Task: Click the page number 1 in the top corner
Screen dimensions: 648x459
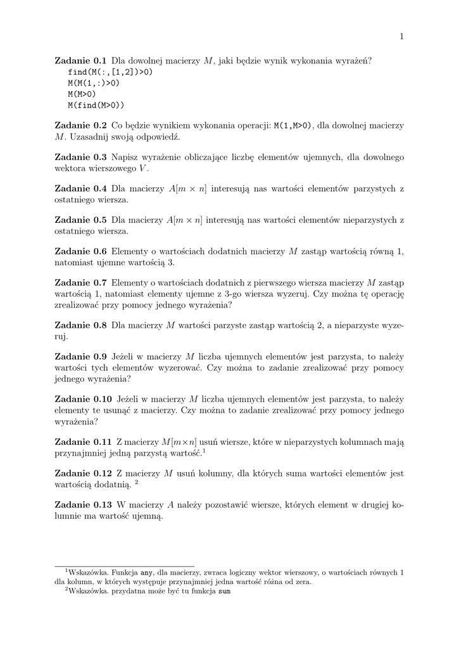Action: pos(401,36)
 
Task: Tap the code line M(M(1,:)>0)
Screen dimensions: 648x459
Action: pos(94,83)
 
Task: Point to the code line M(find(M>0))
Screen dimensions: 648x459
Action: pos(96,104)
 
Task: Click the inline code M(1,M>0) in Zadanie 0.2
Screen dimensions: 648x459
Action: pos(293,126)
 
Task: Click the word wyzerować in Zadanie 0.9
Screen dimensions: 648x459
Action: pos(179,368)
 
